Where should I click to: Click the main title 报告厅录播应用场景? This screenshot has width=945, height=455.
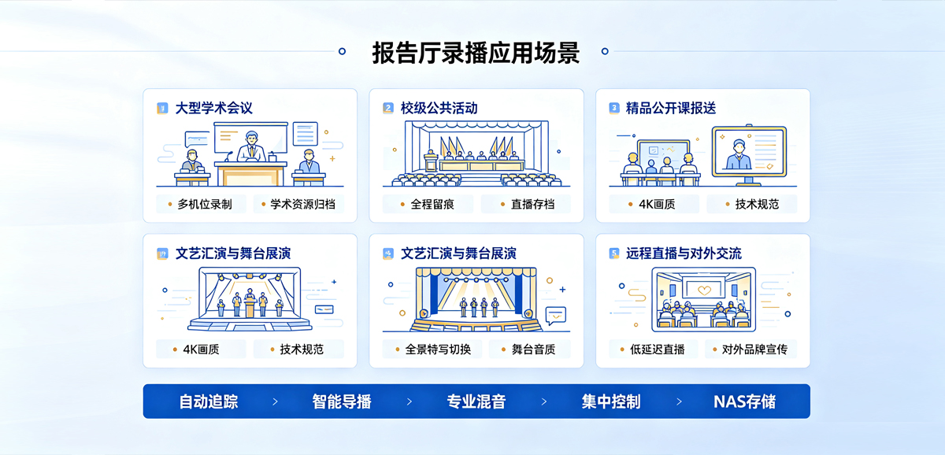click(476, 53)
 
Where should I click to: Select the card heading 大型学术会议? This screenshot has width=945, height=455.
click(214, 108)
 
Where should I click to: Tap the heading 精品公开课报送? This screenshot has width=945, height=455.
click(671, 108)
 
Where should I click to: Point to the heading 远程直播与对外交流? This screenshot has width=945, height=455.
click(684, 253)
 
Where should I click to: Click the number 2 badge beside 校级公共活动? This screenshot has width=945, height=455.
click(388, 108)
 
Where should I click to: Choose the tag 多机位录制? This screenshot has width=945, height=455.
click(201, 204)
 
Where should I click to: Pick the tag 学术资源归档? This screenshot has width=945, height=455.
click(298, 204)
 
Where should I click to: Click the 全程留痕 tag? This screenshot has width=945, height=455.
click(428, 204)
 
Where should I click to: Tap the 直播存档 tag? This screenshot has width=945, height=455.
click(526, 204)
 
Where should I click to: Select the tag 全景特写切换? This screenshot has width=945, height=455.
click(432, 350)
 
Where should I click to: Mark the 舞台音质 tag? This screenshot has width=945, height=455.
click(530, 350)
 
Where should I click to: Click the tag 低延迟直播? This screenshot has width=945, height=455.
click(654, 350)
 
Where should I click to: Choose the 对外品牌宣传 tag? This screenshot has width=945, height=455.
click(751, 350)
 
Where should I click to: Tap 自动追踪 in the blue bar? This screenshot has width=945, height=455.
click(209, 401)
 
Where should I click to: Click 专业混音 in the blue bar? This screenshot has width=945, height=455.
click(476, 401)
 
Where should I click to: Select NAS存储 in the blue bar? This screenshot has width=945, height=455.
click(745, 401)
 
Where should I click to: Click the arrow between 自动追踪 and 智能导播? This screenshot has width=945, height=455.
click(275, 401)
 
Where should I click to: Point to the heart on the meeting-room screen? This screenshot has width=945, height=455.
click(705, 290)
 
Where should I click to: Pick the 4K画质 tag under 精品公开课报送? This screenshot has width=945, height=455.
click(654, 204)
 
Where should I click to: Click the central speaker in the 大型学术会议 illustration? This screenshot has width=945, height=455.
click(251, 146)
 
